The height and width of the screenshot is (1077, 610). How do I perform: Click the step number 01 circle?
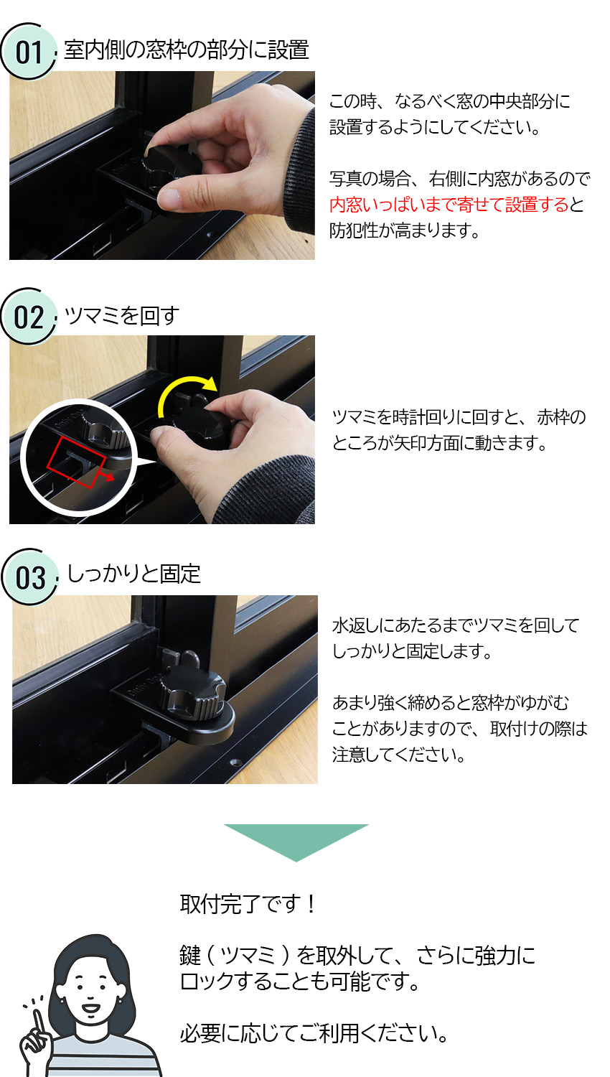click(x=29, y=51)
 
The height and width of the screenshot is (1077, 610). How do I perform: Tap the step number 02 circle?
click(x=29, y=317)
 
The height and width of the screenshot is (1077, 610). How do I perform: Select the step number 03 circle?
click(x=29, y=577)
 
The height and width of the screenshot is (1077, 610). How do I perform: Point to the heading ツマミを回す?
click(x=121, y=315)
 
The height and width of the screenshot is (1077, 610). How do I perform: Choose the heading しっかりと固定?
click(x=133, y=574)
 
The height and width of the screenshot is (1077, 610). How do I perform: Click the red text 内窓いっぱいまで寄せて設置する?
click(x=449, y=205)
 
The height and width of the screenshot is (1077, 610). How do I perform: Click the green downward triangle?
click(x=296, y=841)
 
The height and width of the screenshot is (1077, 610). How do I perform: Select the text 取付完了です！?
click(x=248, y=903)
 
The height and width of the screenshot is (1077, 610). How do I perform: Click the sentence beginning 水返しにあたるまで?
click(x=455, y=625)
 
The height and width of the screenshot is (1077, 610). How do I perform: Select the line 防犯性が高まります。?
click(x=405, y=230)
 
